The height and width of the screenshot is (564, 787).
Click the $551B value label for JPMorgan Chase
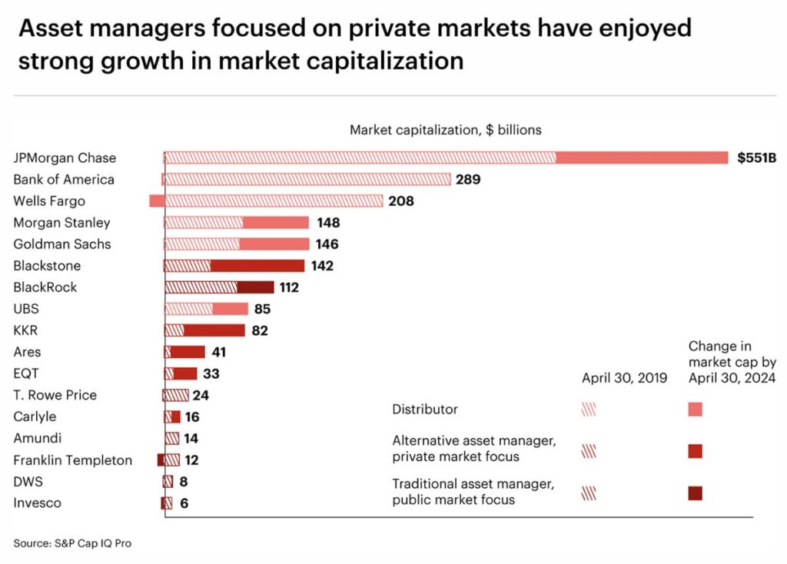pyautogui.click(x=756, y=158)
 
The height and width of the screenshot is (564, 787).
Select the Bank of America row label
pyautogui.click(x=64, y=180)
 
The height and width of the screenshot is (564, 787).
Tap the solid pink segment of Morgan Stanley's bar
pyautogui.click(x=276, y=223)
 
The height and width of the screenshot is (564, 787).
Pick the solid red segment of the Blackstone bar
pyautogui.click(x=257, y=266)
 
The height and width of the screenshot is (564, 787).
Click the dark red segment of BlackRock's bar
pyautogui.click(x=255, y=287)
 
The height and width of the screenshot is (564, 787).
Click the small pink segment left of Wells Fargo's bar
pyautogui.click(x=157, y=201)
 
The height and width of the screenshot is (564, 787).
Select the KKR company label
pyautogui.click(x=26, y=330)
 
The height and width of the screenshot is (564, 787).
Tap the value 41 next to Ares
pyautogui.click(x=219, y=352)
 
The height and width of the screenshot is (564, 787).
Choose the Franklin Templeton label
pyautogui.click(x=73, y=460)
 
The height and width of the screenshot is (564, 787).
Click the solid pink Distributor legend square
pyautogui.click(x=696, y=410)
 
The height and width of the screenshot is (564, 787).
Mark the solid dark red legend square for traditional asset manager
pyautogui.click(x=696, y=493)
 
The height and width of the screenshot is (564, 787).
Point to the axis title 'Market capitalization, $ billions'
pyautogui.click(x=446, y=130)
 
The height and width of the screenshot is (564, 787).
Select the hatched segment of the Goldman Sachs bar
pyautogui.click(x=202, y=244)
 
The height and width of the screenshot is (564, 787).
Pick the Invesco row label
pyautogui.click(x=38, y=503)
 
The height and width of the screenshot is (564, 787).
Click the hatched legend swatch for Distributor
pyautogui.click(x=589, y=410)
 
